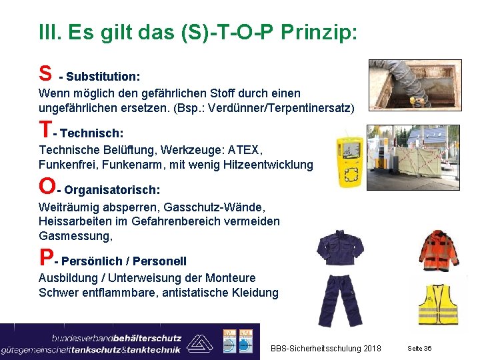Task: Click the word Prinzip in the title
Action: tap(319, 32)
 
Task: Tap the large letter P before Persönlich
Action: tap(46, 258)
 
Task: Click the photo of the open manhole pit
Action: tap(414, 83)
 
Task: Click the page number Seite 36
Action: tap(419, 349)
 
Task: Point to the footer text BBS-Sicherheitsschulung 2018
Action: tap(326, 349)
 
